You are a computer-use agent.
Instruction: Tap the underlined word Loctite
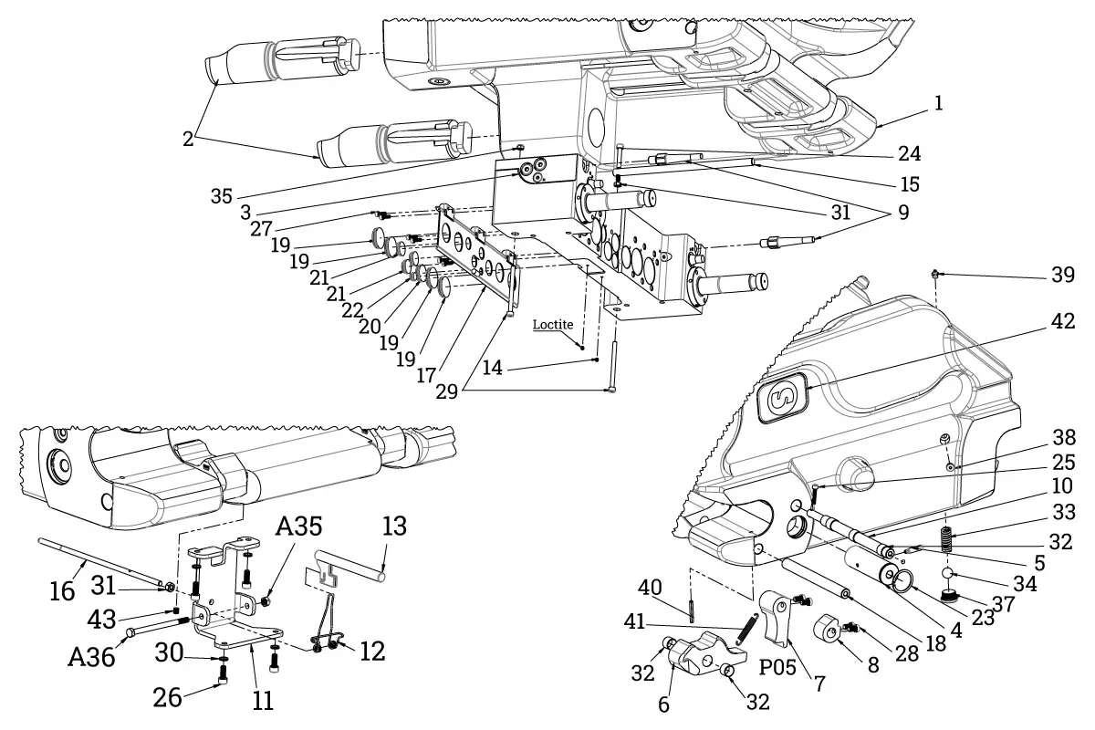(x=553, y=324)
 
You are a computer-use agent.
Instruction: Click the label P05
(x=777, y=665)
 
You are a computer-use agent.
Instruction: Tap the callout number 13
(x=395, y=527)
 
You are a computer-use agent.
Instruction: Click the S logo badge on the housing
(x=783, y=397)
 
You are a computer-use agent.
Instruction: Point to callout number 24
(x=909, y=152)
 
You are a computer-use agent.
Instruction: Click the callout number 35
(x=222, y=194)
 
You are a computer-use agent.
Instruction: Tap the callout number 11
(x=263, y=701)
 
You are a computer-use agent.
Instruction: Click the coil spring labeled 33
(x=948, y=540)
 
